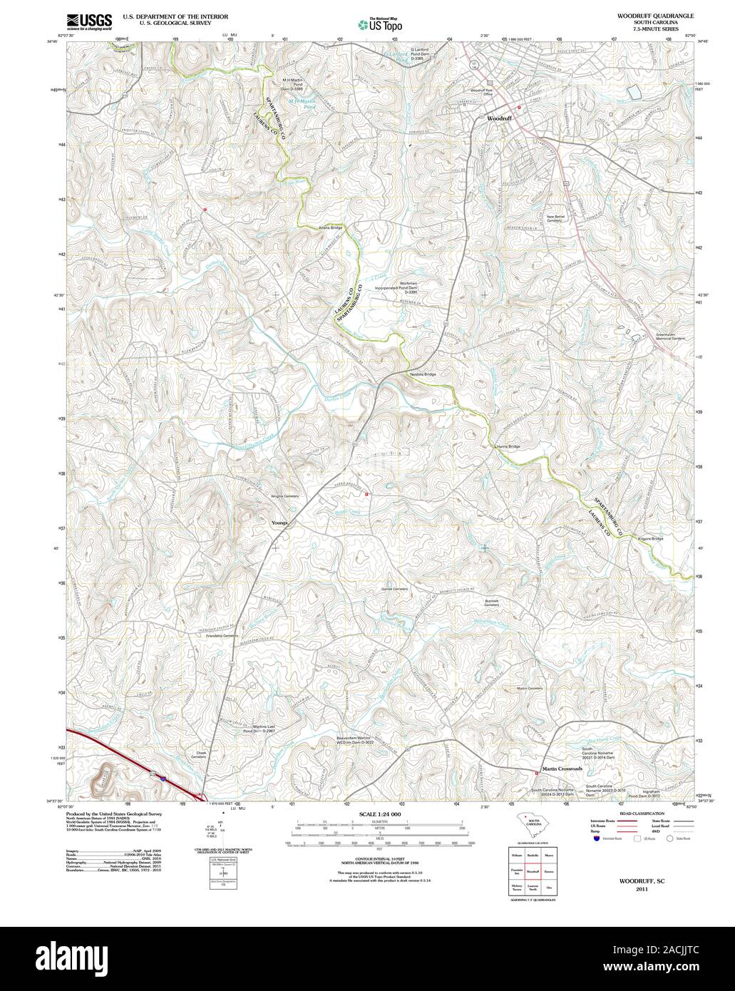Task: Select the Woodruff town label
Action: (499, 118)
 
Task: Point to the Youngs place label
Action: (279, 523)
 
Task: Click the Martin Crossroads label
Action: (562, 769)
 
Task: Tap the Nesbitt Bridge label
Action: (423, 374)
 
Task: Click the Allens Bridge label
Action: (331, 227)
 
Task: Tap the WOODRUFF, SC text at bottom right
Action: (638, 881)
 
